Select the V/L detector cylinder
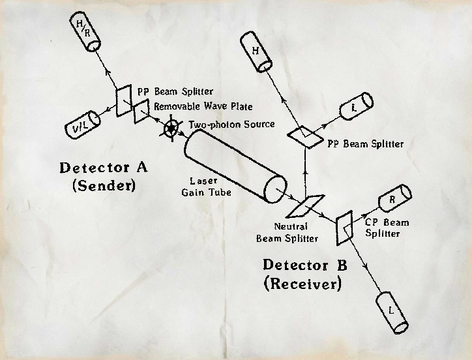pyautogui.click(x=83, y=123)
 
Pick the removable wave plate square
pyautogui.click(x=142, y=114)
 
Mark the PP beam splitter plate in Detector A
pyautogui.click(x=123, y=101)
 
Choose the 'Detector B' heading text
pyautogui.click(x=305, y=265)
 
